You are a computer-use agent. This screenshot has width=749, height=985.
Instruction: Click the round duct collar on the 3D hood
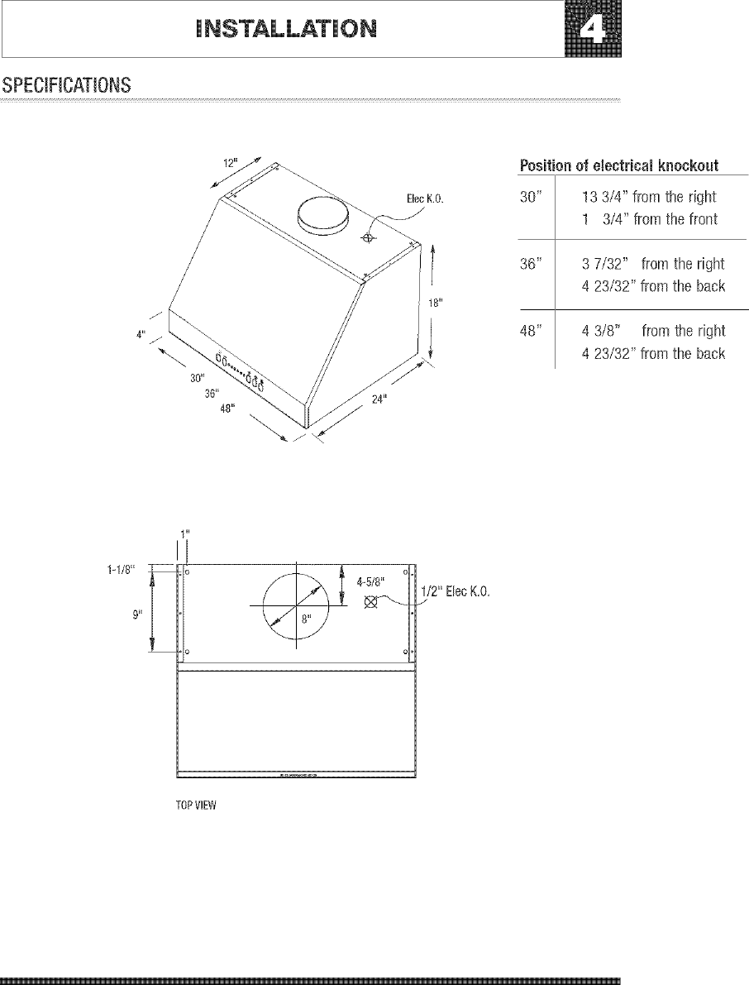322,213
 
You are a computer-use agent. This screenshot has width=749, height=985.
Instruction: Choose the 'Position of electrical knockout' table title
618,166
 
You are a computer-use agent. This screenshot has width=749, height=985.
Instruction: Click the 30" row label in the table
530,198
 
